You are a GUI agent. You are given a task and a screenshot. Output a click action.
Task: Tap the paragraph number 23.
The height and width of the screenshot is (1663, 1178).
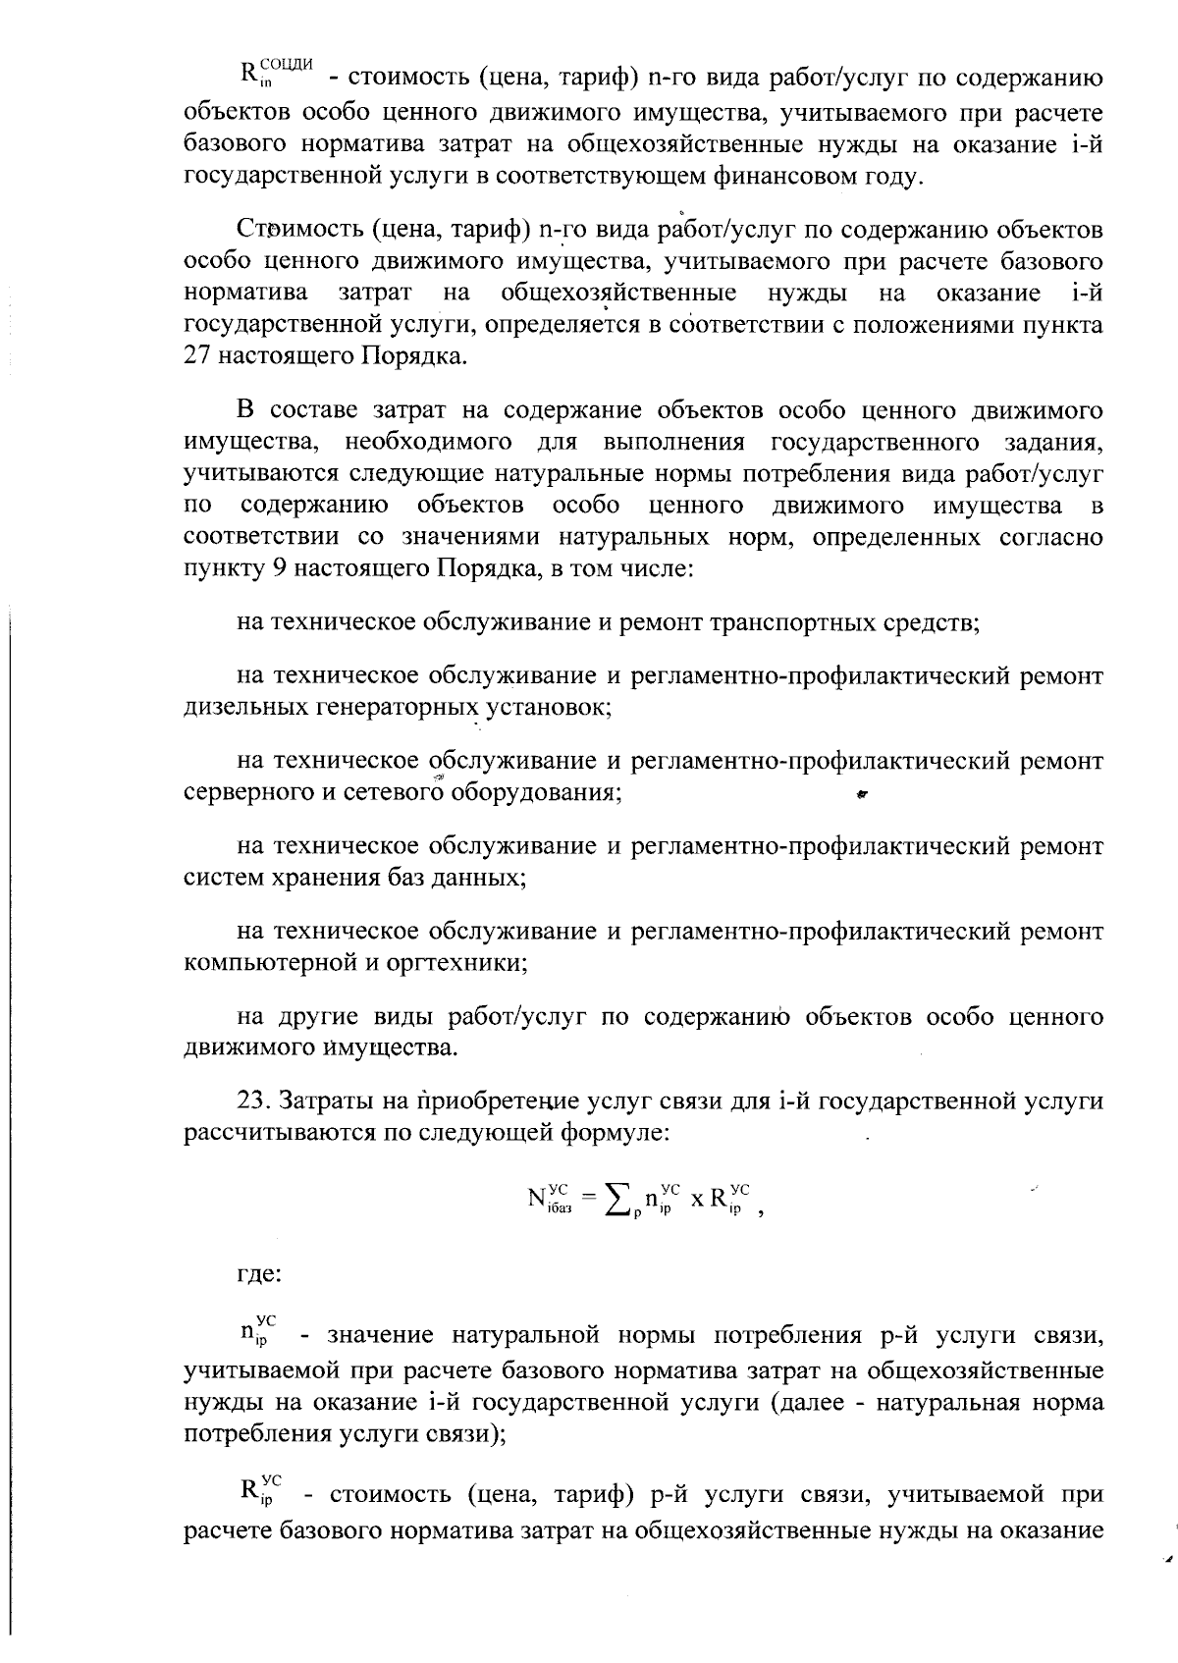point(252,1101)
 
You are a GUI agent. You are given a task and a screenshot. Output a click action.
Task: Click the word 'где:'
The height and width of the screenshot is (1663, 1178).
point(259,1275)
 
